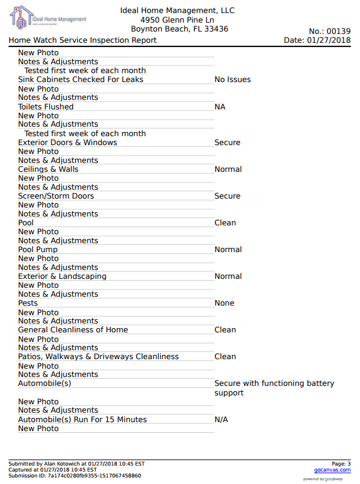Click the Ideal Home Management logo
click(48, 19)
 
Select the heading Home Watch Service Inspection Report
click(83, 40)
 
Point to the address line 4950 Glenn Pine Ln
click(177, 20)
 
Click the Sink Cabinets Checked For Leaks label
click(81, 80)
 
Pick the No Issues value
click(232, 80)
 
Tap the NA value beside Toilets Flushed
click(220, 107)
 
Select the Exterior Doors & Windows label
click(68, 143)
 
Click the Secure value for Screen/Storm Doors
click(228, 196)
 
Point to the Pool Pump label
click(38, 250)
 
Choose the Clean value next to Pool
click(225, 223)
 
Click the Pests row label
click(28, 303)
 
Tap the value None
click(225, 303)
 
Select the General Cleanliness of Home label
click(73, 330)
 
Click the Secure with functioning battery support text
click(274, 388)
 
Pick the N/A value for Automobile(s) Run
click(221, 420)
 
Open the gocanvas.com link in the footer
click(332, 470)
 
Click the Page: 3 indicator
click(340, 464)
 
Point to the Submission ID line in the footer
click(75, 476)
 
